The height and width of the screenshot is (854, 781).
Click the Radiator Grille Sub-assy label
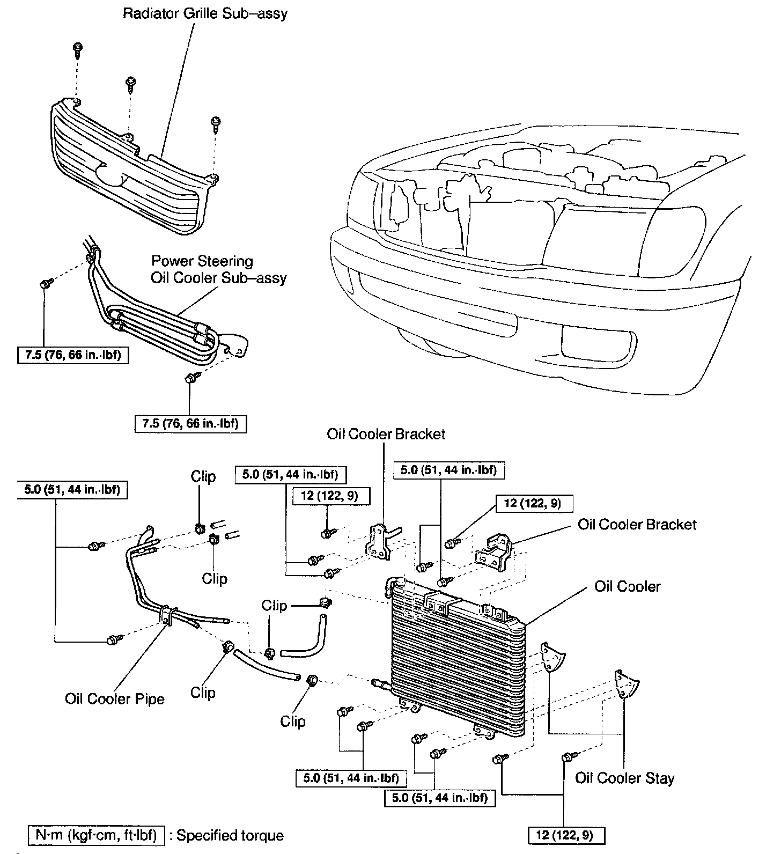[x=205, y=13]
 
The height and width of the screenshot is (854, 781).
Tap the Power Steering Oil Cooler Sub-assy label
[x=218, y=270]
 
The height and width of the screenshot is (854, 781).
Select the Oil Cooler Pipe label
[x=115, y=698]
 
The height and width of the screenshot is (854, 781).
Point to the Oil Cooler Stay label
[x=624, y=778]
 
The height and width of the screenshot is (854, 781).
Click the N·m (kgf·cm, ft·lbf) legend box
[x=96, y=835]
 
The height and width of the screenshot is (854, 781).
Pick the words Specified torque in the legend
[x=230, y=835]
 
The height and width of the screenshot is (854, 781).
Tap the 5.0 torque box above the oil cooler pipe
[x=72, y=490]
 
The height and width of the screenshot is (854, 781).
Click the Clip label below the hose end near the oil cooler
[x=292, y=721]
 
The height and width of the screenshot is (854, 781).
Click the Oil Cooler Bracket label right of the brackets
[x=637, y=524]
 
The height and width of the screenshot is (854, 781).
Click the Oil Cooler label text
[x=627, y=586]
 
